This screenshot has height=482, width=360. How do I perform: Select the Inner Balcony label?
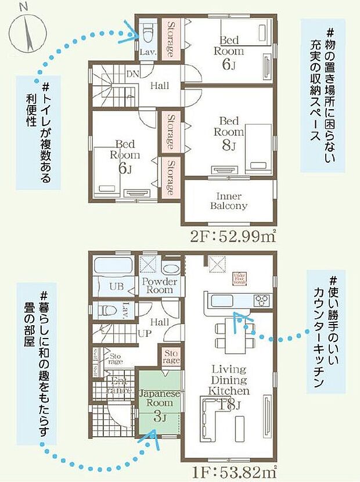coord(229,200)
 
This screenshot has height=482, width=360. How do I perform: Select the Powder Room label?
coord(157,286)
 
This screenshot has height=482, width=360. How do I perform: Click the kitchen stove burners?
coord(262,300)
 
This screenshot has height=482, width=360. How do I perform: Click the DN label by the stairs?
coord(132,73)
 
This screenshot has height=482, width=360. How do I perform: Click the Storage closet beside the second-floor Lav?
coord(172,39)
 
